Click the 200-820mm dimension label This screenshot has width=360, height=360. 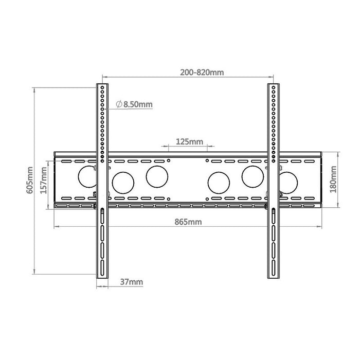pos(202,73)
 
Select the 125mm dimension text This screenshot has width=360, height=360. pos(189,141)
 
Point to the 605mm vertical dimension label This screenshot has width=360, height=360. pos(30,180)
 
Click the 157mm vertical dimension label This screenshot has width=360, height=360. pos(44,180)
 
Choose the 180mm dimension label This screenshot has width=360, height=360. pos(333,179)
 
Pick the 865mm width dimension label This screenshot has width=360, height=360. pos(188,222)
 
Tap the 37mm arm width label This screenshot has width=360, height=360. pos(132,282)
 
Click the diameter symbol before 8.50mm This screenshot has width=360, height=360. pos(119,104)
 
